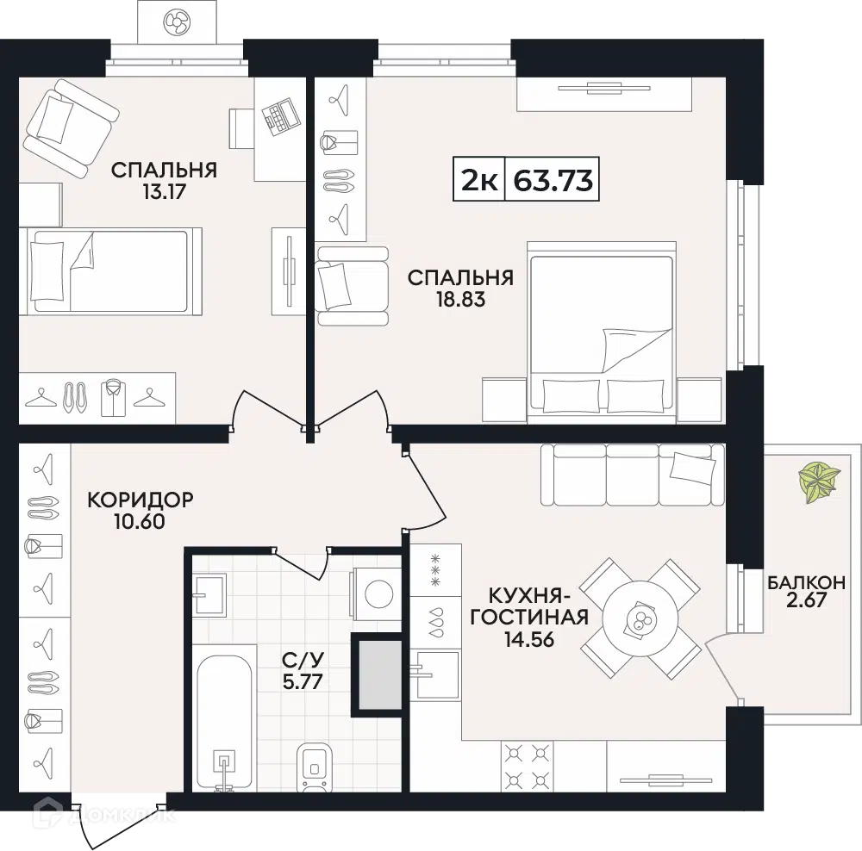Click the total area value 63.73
pos(553,180)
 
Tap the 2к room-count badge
pos(479,180)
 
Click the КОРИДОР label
pos(141,500)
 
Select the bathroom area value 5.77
pos(302,682)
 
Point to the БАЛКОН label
pos(806,582)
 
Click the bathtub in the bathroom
pos(224,716)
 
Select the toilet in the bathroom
pos(315,767)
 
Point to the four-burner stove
pos(528,765)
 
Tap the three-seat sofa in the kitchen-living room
pos(633,475)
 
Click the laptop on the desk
pos(280,115)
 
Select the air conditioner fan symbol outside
pos(177,22)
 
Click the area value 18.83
pos(460,300)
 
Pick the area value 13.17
pos(164,192)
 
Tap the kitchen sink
pos(437,674)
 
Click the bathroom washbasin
pos(209,594)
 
